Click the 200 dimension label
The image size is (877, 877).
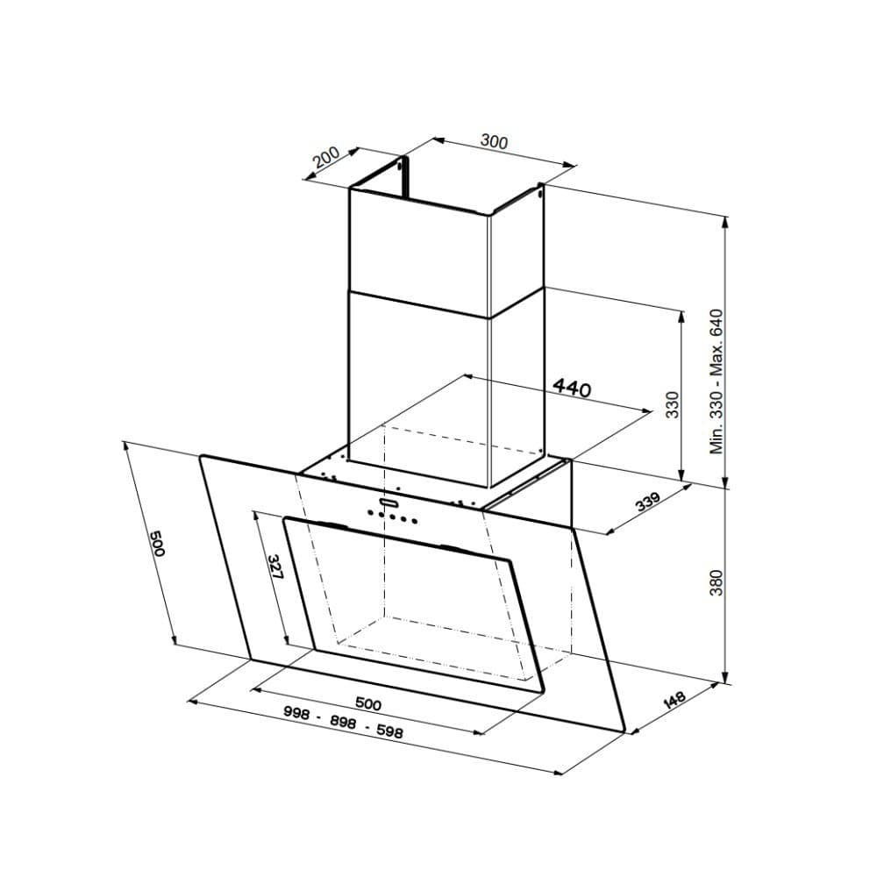[x=325, y=159]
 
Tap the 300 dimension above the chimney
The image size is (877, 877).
[x=495, y=141]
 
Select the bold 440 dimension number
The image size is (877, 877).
[x=572, y=388]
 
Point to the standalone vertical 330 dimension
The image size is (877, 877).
[x=673, y=404]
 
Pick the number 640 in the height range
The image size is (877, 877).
[x=717, y=325]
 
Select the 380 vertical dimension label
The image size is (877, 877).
[x=717, y=584]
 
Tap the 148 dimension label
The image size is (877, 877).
[x=674, y=701]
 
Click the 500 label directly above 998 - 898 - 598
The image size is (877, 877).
[x=367, y=703]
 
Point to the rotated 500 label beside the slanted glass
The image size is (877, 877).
[x=157, y=545]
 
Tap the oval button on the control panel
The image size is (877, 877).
[x=389, y=503]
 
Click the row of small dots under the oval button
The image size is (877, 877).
[x=393, y=517]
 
